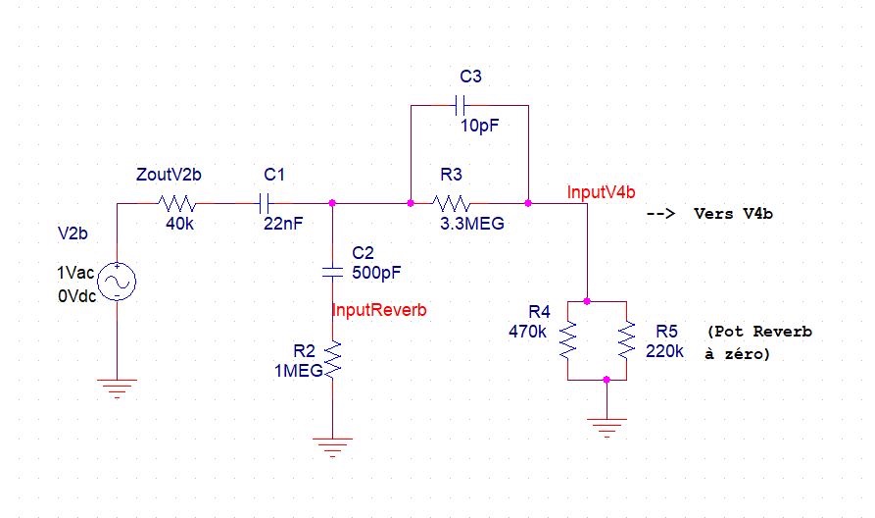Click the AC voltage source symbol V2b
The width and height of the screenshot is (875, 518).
118,281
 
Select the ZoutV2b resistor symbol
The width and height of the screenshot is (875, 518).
177,203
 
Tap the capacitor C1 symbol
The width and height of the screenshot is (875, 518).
265,203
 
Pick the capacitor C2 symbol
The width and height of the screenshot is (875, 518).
332,273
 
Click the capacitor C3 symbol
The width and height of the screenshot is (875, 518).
461,105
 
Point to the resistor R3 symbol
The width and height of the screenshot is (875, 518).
451,203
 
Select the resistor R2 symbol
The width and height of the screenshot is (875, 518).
332,361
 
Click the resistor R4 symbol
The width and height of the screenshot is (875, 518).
567,340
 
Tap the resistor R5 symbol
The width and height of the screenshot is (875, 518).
627,340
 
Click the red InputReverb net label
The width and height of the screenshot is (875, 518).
379,310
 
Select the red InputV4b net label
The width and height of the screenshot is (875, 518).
601,192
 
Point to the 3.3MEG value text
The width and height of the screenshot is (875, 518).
472,224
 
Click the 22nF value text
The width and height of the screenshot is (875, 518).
283,224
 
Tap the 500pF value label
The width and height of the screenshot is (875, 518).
376,273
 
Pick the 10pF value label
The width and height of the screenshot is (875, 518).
480,126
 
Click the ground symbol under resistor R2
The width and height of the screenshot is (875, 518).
332,447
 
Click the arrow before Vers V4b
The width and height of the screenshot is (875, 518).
660,214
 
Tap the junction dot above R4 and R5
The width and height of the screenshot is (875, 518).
587,301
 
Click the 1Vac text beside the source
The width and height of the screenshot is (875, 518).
75,273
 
